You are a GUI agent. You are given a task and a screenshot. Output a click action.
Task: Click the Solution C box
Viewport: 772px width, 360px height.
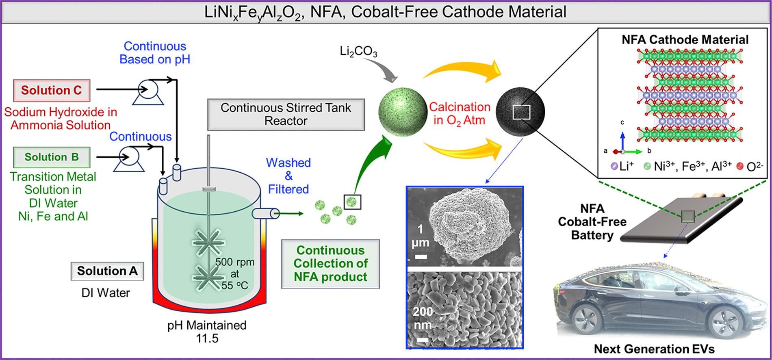click(x=52, y=90)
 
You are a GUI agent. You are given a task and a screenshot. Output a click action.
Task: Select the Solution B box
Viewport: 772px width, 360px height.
click(x=52, y=157)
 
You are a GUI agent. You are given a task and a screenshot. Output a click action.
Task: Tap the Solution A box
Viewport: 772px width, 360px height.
click(x=107, y=271)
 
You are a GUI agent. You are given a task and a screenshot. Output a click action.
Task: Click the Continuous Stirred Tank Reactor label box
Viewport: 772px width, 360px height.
click(x=286, y=114)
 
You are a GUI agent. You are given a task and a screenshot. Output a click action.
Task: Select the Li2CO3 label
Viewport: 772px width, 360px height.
click(x=358, y=52)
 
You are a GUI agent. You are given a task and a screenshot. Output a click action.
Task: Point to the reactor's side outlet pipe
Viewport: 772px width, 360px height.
click(x=265, y=213)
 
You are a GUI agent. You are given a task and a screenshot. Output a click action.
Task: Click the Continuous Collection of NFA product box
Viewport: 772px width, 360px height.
click(x=330, y=264)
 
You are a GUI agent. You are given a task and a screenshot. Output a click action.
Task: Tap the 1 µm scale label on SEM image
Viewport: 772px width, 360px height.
click(x=420, y=236)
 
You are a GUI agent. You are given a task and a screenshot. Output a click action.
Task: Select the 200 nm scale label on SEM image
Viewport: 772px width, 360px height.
click(x=423, y=318)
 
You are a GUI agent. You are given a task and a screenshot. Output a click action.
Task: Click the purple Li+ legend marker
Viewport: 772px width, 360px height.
click(x=614, y=166)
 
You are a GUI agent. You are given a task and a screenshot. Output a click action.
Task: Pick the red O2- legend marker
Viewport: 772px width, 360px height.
click(x=740, y=166)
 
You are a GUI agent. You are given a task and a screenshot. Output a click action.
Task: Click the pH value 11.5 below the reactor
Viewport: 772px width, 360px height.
click(x=207, y=338)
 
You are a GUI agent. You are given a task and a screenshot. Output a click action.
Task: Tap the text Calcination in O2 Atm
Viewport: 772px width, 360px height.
click(x=460, y=113)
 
